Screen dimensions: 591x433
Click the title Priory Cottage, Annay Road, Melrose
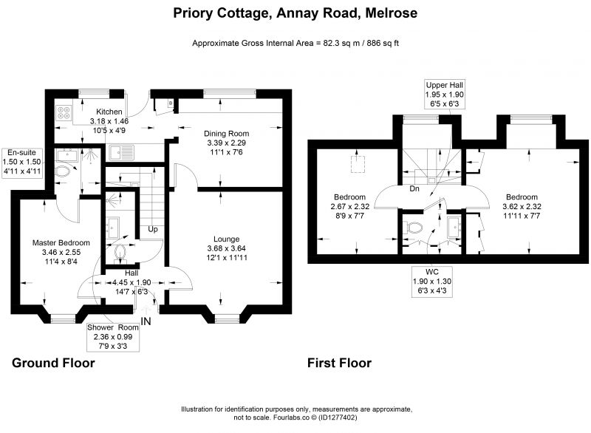pyautogui.click(x=295, y=13)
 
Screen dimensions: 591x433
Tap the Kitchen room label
pyautogui.click(x=109, y=112)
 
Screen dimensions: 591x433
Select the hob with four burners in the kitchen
pyautogui.click(x=64, y=112)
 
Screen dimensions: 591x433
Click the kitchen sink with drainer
pyautogui.click(x=121, y=152)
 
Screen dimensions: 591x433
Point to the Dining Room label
pyautogui.click(x=227, y=134)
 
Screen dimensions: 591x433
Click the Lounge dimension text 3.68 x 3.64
pyautogui.click(x=227, y=248)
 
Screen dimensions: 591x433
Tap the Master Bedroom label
pyautogui.click(x=61, y=242)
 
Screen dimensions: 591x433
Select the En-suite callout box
pyautogui.click(x=22, y=162)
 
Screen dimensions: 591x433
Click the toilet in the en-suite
pyautogui.click(x=63, y=172)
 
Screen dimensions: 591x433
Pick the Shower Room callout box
pyautogui.click(x=113, y=336)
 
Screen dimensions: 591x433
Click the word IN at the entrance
pyautogui.click(x=146, y=321)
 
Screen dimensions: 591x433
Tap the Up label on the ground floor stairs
pyautogui.click(x=153, y=229)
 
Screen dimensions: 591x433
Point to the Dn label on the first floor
pyautogui.click(x=414, y=188)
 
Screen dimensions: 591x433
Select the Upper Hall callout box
pyautogui.click(x=445, y=95)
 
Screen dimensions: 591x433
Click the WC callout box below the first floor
pyautogui.click(x=432, y=281)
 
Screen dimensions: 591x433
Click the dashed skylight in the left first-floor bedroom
pyautogui.click(x=358, y=164)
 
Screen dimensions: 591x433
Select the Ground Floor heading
pyautogui.click(x=53, y=363)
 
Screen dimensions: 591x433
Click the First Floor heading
pyautogui.click(x=339, y=363)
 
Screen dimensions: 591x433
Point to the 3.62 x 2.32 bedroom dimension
pyautogui.click(x=522, y=206)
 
